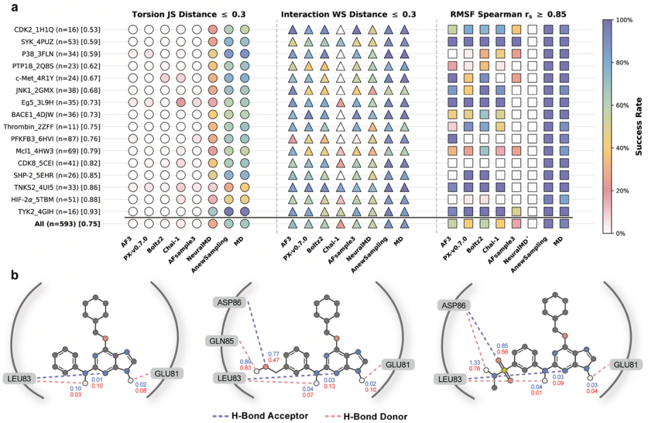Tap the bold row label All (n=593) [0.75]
[65, 224]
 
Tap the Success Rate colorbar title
[638, 126]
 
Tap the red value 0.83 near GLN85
[245, 368]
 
